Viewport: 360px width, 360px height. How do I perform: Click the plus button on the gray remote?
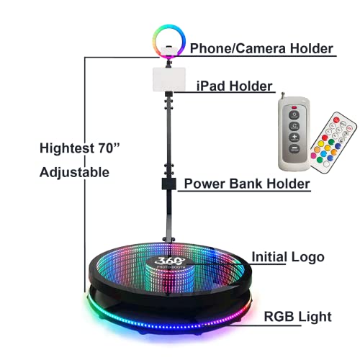tap(294, 138)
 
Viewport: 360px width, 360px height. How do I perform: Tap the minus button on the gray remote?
tap(294, 149)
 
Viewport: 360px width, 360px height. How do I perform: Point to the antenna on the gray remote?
tap(283, 96)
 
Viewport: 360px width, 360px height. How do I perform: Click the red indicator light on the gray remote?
tap(294, 107)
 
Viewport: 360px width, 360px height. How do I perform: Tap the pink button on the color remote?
tap(313, 156)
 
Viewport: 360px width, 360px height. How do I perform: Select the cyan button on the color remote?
tap(323, 153)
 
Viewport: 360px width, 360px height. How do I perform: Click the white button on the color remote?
tap(326, 164)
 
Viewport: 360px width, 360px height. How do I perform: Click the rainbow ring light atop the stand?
tap(169, 42)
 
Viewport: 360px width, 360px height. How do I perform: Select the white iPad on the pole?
tap(169, 79)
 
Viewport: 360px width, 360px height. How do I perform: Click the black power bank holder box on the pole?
tap(169, 184)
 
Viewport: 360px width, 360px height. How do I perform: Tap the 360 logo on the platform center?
tap(170, 261)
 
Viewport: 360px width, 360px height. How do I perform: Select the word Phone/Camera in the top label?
tap(238, 48)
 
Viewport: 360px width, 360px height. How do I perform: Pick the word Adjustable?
tap(74, 173)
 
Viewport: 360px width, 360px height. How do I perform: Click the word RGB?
tap(279, 317)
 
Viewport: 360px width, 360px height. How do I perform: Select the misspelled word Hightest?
tap(67, 148)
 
